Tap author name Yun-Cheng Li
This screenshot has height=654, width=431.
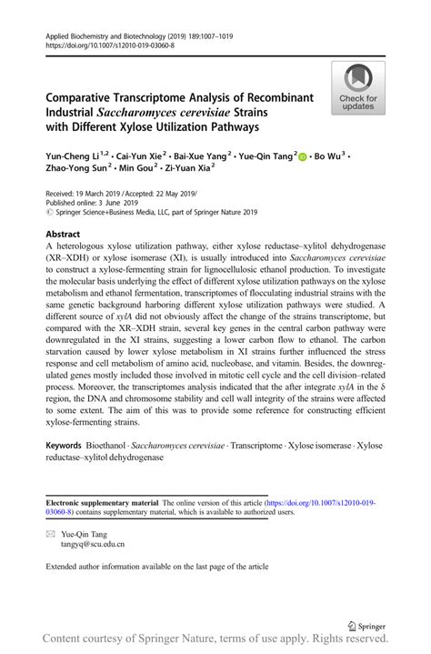(73, 156)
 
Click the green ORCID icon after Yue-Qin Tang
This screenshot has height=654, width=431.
(303, 156)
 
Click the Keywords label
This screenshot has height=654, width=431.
(69, 447)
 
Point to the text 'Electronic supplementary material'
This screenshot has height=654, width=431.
(102, 502)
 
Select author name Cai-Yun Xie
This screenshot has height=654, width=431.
(146, 156)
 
